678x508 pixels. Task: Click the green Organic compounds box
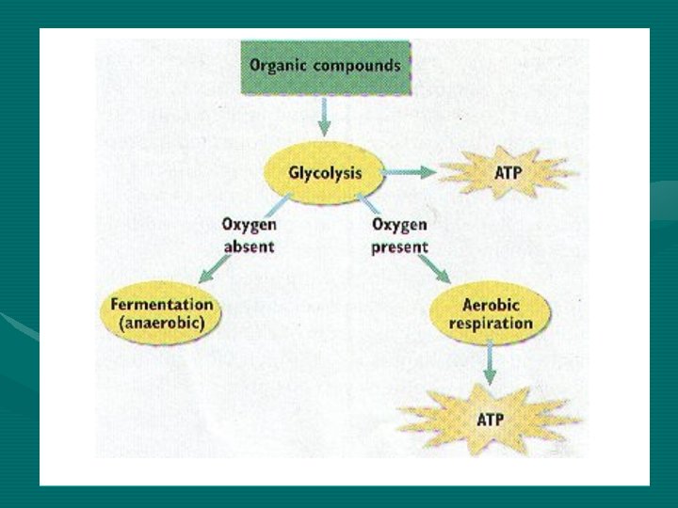click(324, 67)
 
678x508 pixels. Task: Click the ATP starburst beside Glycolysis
click(508, 173)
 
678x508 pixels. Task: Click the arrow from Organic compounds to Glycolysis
click(324, 118)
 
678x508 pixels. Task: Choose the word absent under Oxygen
click(249, 246)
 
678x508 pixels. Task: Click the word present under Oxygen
click(399, 246)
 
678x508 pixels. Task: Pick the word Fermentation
click(161, 305)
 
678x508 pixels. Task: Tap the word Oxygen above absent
click(249, 225)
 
